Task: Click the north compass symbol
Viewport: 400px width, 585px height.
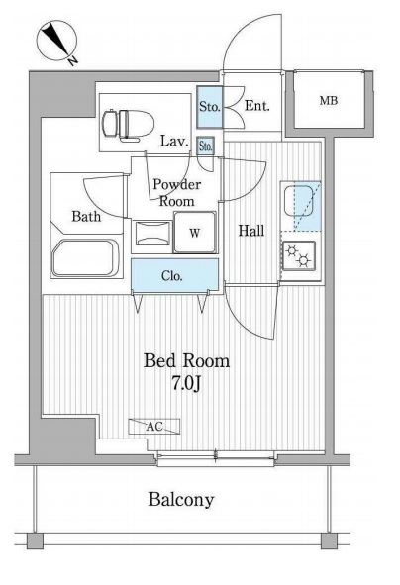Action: click(x=56, y=41)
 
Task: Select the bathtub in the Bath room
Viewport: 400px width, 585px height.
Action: click(x=85, y=257)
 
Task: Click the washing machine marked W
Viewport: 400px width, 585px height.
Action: click(x=195, y=233)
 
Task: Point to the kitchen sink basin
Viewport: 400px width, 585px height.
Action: click(x=299, y=201)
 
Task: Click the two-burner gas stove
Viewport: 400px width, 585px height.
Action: click(x=298, y=255)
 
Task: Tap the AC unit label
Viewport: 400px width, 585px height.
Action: click(x=154, y=426)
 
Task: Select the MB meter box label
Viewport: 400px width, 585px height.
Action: click(x=329, y=100)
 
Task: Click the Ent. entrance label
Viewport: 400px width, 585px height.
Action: click(x=256, y=106)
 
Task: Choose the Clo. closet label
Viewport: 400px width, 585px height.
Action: click(x=172, y=276)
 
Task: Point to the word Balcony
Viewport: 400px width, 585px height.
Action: click(x=181, y=500)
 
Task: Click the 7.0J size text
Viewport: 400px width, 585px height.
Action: click(x=186, y=383)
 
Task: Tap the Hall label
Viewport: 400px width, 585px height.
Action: click(x=251, y=231)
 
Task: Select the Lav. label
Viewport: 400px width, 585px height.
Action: click(x=174, y=141)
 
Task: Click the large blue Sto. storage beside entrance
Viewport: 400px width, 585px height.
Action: click(x=210, y=107)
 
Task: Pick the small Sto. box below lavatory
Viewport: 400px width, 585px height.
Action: click(x=206, y=146)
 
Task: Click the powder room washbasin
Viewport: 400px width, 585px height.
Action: click(x=153, y=234)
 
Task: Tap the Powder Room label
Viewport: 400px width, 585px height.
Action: click(x=177, y=193)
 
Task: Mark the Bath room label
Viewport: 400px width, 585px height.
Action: click(x=86, y=216)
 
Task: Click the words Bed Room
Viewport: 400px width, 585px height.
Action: click(x=186, y=360)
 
